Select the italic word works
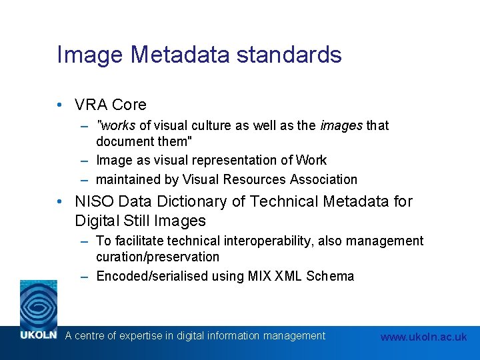click(117, 125)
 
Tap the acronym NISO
click(94, 201)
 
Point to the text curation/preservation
click(157, 257)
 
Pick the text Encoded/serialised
click(152, 276)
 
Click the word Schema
click(330, 276)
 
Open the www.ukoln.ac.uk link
click(423, 337)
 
